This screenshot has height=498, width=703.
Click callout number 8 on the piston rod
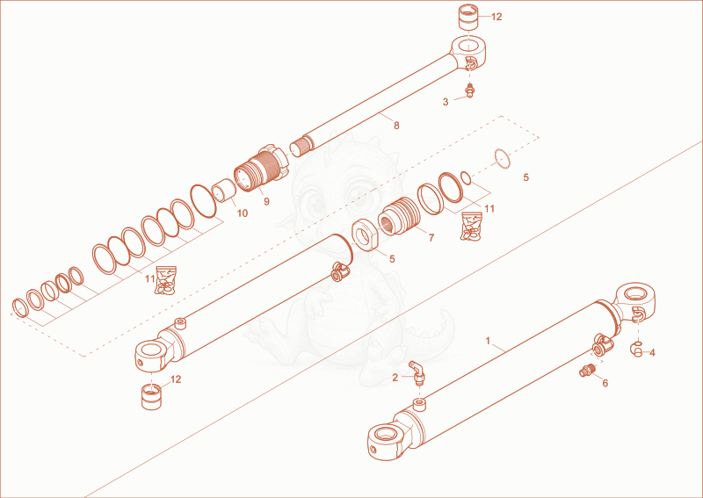point(396,126)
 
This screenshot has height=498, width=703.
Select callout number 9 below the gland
point(267,202)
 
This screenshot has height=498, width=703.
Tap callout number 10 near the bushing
point(243,213)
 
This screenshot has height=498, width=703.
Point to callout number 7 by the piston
point(431,237)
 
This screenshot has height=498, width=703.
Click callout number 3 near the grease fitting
point(446,102)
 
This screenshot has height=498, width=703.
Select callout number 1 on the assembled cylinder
point(489,341)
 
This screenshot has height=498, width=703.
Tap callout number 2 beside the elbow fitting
point(395,379)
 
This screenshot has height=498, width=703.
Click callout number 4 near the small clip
point(652,353)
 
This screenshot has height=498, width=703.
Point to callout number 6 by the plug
point(605,383)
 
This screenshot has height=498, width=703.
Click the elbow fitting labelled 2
point(418,373)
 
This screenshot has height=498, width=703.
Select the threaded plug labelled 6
point(587,371)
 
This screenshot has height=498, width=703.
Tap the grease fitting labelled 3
point(470,90)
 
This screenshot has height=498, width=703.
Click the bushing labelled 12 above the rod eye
point(468,17)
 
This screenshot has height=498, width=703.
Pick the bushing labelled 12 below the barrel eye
point(151,397)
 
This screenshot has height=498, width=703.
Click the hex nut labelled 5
point(366,235)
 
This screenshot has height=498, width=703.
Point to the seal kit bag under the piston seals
point(472,227)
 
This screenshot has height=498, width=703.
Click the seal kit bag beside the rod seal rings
point(165,280)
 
